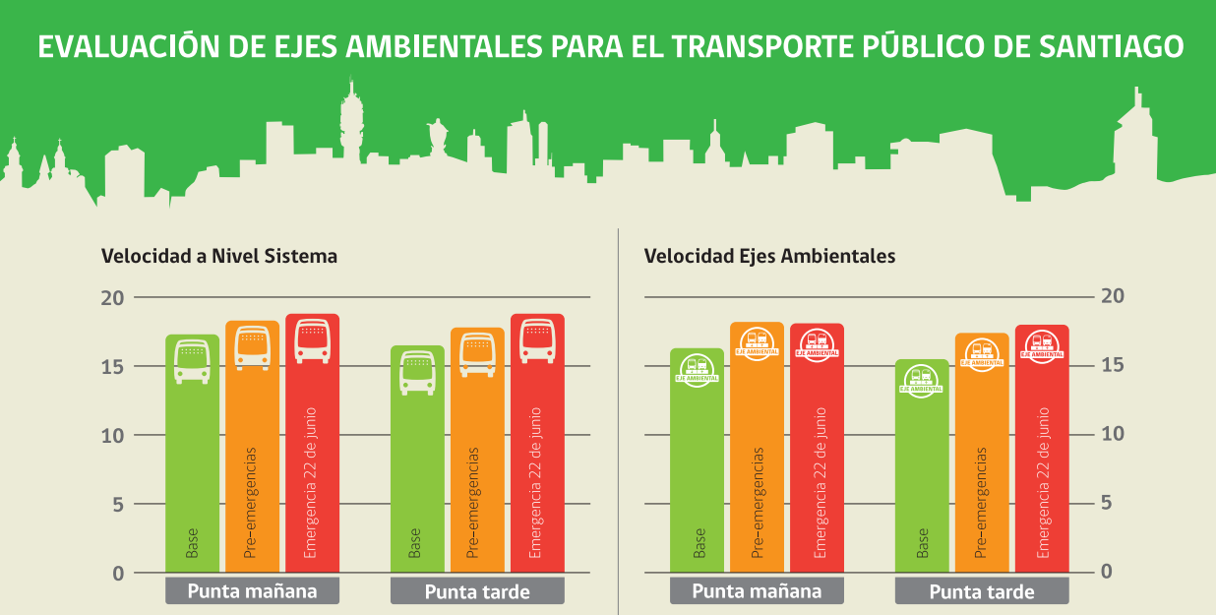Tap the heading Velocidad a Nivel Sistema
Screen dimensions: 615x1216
point(218,256)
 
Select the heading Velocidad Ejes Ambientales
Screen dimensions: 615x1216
point(769,256)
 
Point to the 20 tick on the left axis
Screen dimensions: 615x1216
point(113,297)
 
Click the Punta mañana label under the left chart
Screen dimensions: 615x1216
point(252,591)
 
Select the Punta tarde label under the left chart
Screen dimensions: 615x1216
point(477,591)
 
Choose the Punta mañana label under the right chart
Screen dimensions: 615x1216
point(757,591)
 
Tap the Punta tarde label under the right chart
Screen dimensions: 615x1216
point(981,591)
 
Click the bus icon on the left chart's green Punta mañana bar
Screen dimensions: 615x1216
point(193,361)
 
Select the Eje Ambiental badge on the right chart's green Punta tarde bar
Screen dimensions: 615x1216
point(922,380)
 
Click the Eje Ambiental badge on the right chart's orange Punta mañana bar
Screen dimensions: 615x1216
point(757,342)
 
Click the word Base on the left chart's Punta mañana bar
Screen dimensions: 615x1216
point(192,544)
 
